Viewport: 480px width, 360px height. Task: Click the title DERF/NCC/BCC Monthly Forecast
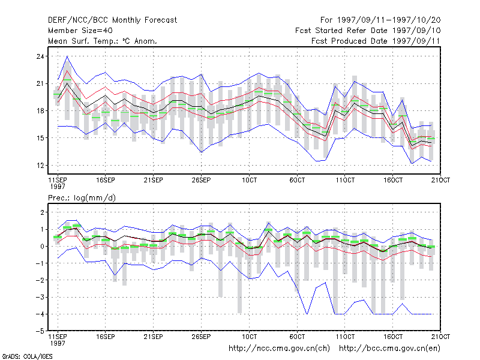pyautogui.click(x=112, y=20)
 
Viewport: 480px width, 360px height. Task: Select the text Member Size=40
pyautogui.click(x=80, y=31)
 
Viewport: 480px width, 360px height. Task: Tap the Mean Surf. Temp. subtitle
pyautogui.click(x=103, y=41)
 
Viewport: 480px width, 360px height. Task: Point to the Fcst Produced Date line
pyautogui.click(x=376, y=41)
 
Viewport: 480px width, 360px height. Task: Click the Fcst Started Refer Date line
pyautogui.click(x=368, y=31)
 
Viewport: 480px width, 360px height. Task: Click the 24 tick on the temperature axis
pyautogui.click(x=40, y=56)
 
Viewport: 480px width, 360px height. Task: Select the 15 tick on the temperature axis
pyautogui.click(x=40, y=138)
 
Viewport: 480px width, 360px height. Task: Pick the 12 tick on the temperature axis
pyautogui.click(x=40, y=166)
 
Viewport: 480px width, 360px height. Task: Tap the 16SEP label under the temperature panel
pyautogui.click(x=106, y=180)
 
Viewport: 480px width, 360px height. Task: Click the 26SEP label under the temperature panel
pyautogui.click(x=201, y=180)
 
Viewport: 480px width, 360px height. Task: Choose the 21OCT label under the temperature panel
pyautogui.click(x=440, y=180)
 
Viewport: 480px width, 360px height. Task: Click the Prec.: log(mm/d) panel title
pyautogui.click(x=82, y=198)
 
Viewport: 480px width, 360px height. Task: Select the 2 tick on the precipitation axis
pyautogui.click(x=42, y=212)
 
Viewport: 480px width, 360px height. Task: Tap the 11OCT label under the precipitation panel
pyautogui.click(x=345, y=337)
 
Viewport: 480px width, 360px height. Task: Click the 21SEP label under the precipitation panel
pyautogui.click(x=154, y=337)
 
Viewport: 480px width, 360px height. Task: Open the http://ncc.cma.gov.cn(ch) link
pyautogui.click(x=279, y=349)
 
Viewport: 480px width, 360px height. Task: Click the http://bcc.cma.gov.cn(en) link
pyautogui.click(x=389, y=349)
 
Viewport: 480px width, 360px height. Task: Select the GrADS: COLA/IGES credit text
pyautogui.click(x=27, y=356)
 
